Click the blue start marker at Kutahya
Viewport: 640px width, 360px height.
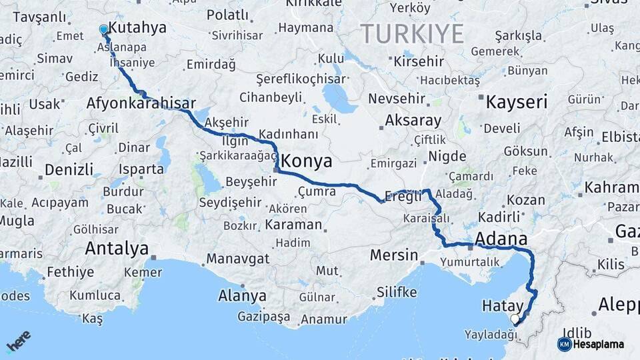(x=103, y=30)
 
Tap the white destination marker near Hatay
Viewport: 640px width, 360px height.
(x=515, y=319)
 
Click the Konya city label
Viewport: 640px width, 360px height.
(x=307, y=161)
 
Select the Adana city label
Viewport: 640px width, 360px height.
(x=501, y=239)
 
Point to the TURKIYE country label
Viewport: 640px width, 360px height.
(x=412, y=33)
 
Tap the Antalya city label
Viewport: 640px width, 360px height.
(x=117, y=249)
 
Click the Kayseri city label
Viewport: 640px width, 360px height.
(x=516, y=102)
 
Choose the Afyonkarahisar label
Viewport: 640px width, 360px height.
(x=141, y=103)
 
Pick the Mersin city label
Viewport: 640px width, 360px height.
(x=393, y=255)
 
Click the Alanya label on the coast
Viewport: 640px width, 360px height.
(x=242, y=295)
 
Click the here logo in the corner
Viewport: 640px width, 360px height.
(x=18, y=341)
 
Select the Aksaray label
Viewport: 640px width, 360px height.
(x=413, y=121)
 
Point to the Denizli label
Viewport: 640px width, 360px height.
(x=69, y=169)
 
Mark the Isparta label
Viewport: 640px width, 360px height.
(x=141, y=169)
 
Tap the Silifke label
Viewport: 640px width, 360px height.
(x=397, y=292)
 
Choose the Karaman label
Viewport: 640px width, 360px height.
(x=293, y=225)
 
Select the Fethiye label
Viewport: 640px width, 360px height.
(x=70, y=272)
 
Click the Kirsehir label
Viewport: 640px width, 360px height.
(x=417, y=61)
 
